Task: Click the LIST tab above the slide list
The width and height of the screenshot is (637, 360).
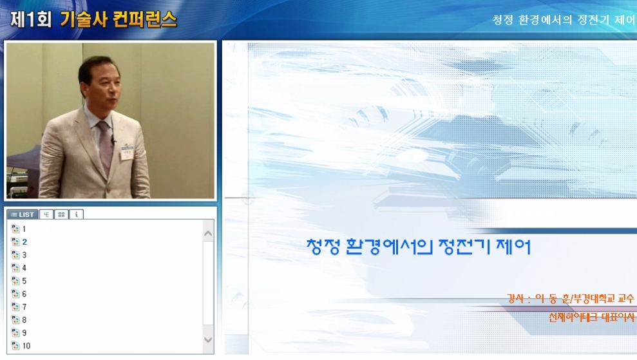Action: pyautogui.click(x=23, y=214)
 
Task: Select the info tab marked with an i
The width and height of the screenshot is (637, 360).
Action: pyautogui.click(x=77, y=214)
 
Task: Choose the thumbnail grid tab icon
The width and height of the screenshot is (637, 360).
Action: pyautogui.click(x=61, y=214)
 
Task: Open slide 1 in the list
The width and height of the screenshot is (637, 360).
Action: pyautogui.click(x=24, y=229)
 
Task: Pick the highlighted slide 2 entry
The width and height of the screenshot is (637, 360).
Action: pyautogui.click(x=24, y=242)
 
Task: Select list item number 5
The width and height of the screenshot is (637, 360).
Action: pyautogui.click(x=24, y=281)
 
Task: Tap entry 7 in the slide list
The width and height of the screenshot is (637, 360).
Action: pyautogui.click(x=24, y=307)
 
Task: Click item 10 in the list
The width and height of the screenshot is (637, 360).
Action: pyautogui.click(x=26, y=346)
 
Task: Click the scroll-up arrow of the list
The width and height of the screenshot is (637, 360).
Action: pyautogui.click(x=208, y=234)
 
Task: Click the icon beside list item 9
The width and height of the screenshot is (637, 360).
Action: pyautogui.click(x=15, y=333)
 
